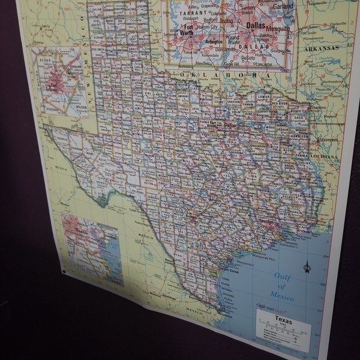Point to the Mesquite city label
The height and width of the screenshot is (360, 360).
tap(278, 28)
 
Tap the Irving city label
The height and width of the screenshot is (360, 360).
tap(226, 21)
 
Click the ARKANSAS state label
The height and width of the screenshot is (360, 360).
tap(321, 47)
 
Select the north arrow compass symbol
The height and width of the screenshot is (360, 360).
tap(308, 265)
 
